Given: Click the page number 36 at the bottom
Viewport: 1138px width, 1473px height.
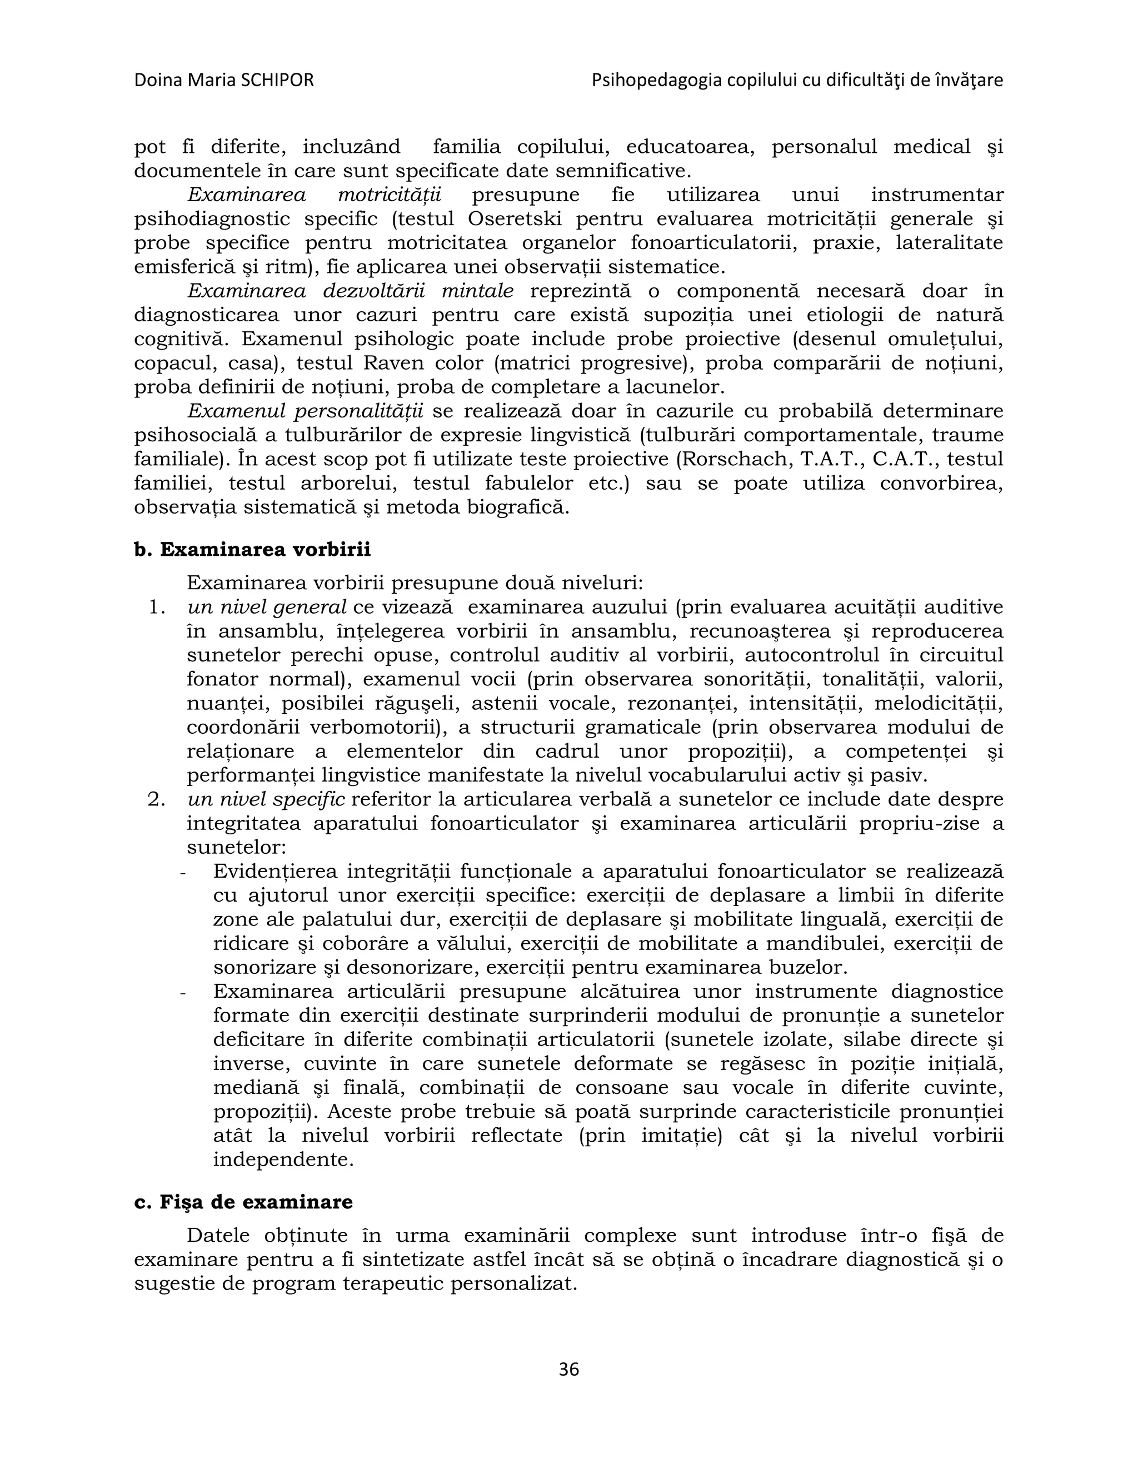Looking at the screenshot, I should [x=568, y=1369].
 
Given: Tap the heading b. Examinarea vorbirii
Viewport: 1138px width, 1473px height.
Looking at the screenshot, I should [x=252, y=550].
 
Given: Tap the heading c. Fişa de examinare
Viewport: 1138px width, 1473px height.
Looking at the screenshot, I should [x=243, y=1202].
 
